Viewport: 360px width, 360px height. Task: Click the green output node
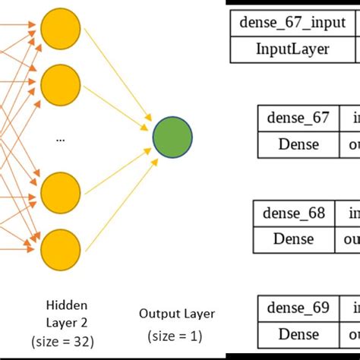(x=172, y=137)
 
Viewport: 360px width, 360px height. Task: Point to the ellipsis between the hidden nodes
(x=61, y=139)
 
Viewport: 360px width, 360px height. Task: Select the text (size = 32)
(x=62, y=341)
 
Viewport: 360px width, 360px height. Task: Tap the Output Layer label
(x=177, y=313)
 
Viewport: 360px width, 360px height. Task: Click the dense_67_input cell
(x=292, y=23)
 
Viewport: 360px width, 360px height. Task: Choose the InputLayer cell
(x=292, y=49)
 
